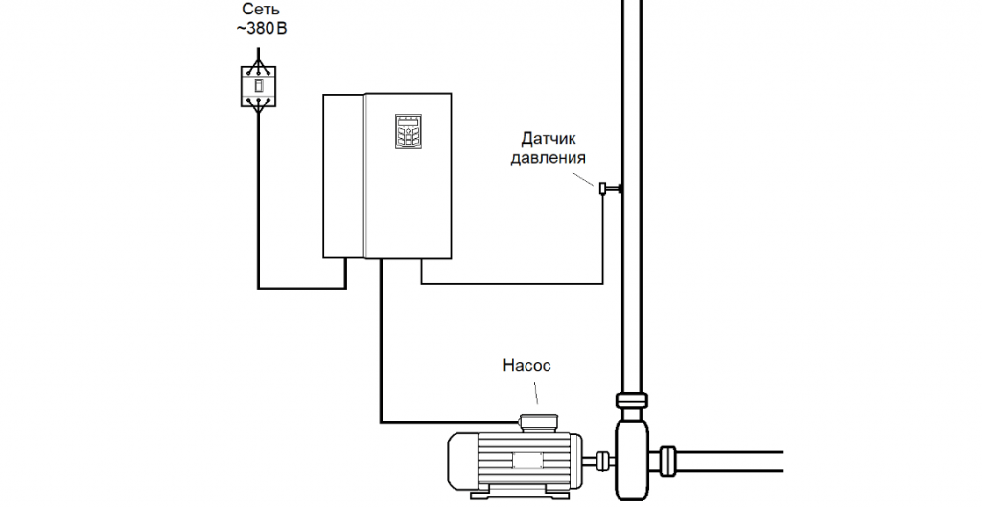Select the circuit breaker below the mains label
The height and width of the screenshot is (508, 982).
256,85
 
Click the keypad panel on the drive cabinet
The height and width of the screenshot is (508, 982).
406,132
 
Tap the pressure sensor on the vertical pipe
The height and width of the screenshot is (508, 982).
605,189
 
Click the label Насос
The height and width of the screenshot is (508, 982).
527,365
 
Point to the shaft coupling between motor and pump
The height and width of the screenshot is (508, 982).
600,459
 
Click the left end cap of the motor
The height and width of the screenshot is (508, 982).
459,461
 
